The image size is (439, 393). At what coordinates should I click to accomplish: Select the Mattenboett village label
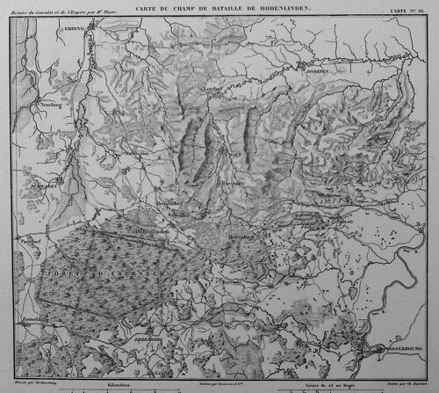(217, 237)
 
